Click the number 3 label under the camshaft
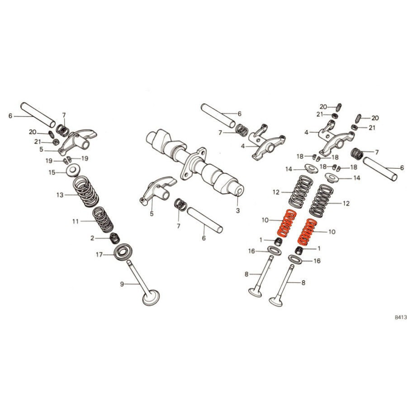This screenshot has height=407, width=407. point(238,210)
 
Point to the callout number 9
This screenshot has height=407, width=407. point(122,284)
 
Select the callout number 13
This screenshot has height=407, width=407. point(60,195)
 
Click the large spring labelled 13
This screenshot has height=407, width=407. point(85,191)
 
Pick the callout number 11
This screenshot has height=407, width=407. point(76,222)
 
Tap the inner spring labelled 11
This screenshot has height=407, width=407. point(103,220)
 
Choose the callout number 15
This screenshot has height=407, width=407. point(52,172)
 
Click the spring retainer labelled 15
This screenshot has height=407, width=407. point(73,170)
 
